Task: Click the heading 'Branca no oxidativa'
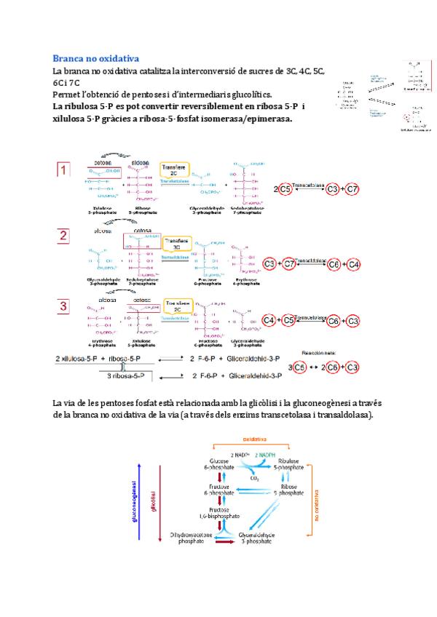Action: pyautogui.click(x=96, y=57)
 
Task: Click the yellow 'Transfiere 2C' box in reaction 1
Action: pyautogui.click(x=175, y=172)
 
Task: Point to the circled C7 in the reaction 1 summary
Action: pyautogui.click(x=352, y=190)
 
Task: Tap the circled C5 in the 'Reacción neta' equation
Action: pyautogui.click(x=297, y=367)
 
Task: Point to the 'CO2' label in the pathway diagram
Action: pyautogui.click(x=253, y=479)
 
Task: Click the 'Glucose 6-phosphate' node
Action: pyautogui.click(x=220, y=466)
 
